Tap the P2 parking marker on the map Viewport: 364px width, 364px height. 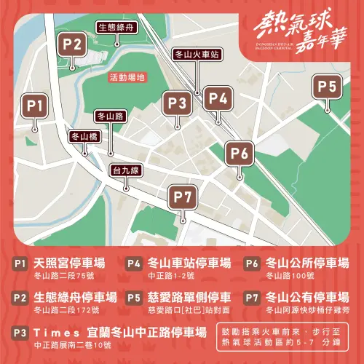tap(71, 44)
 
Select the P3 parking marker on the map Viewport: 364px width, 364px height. tap(176, 103)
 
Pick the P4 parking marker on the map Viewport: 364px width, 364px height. tap(218, 98)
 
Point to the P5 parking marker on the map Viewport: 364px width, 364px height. tap(328, 88)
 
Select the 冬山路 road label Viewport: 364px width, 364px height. tap(111, 116)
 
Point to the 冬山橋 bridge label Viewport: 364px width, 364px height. tap(84, 136)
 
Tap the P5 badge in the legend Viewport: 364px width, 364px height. tap(134, 298)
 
